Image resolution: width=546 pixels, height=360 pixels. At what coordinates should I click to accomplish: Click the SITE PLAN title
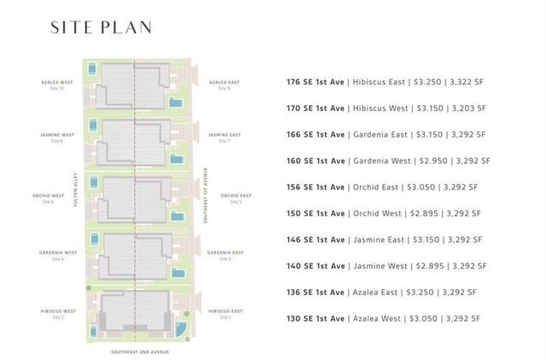point(101,27)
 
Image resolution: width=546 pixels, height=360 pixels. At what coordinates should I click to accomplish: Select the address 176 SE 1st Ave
point(316,83)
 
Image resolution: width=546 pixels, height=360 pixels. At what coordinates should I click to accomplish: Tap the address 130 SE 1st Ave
point(316,318)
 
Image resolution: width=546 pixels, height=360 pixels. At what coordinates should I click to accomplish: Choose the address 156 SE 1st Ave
point(316,188)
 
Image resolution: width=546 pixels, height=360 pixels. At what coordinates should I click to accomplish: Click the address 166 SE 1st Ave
point(316,135)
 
